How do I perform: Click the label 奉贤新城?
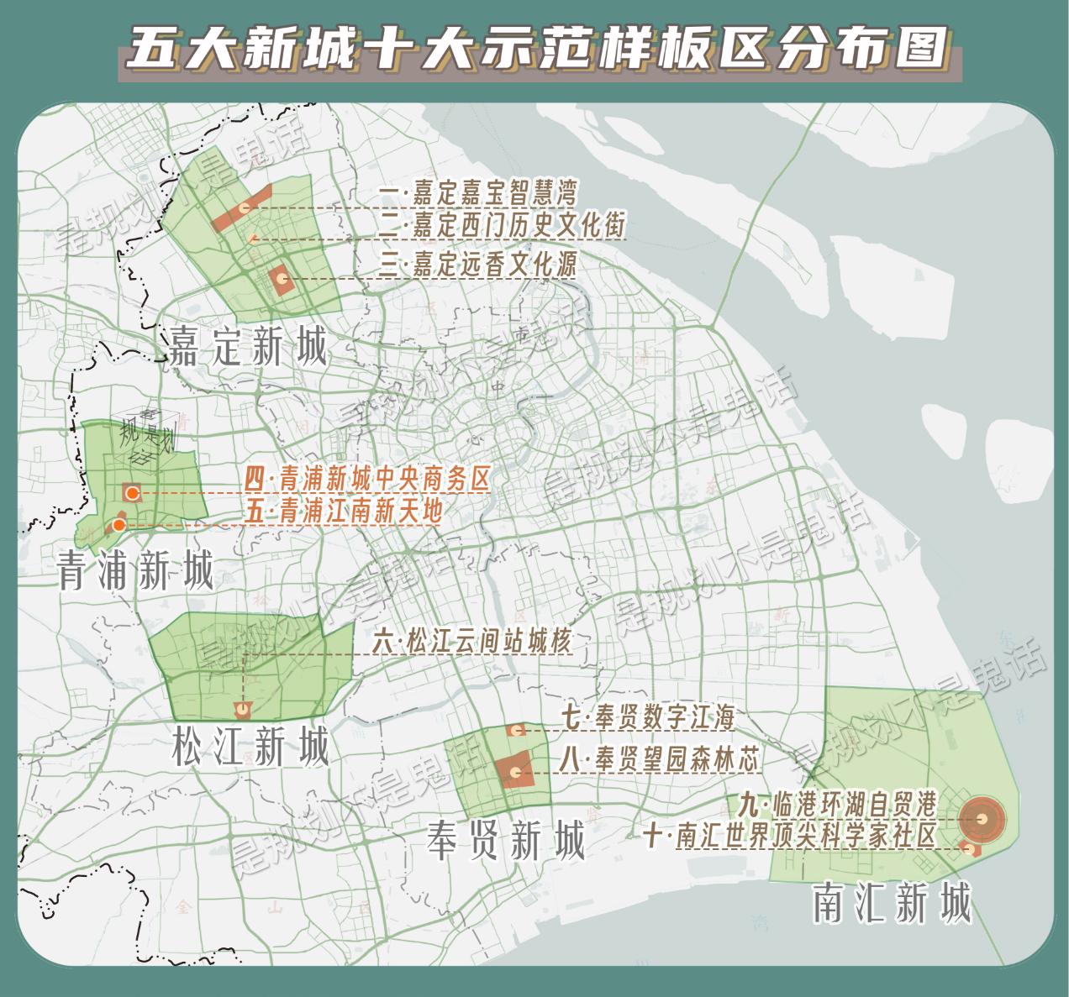(x=505, y=839)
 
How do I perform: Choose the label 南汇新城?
(x=892, y=903)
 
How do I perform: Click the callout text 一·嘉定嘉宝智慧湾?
(x=477, y=194)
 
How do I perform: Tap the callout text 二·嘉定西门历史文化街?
(x=502, y=225)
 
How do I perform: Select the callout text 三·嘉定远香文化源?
(x=477, y=265)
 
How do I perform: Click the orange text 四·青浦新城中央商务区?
(x=367, y=480)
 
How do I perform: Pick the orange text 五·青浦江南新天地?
(x=344, y=511)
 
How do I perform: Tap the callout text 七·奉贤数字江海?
(x=648, y=718)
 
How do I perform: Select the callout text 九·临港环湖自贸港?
(x=837, y=804)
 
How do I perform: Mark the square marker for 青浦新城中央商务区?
(x=132, y=493)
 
